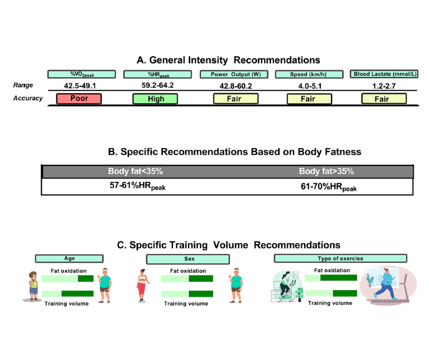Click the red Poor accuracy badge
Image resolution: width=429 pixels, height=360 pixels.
point(79,99)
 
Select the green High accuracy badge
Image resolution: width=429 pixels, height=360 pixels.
point(155,99)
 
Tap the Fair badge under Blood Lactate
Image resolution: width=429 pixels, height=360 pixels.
point(384,99)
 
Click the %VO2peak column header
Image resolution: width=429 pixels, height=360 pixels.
point(82,74)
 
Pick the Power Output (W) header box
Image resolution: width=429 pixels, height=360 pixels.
point(234,74)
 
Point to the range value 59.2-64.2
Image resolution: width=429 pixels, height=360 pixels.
point(157,85)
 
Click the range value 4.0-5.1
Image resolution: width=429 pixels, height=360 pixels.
point(310,86)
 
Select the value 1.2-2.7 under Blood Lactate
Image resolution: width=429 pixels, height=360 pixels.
point(384,86)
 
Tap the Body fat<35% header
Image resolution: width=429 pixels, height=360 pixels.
point(136,171)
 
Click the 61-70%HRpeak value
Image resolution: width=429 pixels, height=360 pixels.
point(329,187)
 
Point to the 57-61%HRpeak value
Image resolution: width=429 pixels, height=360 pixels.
point(138,186)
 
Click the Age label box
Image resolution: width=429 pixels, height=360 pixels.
point(69,259)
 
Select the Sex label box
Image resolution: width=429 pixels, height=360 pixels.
point(188,259)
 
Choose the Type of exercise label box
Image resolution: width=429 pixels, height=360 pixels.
point(340,259)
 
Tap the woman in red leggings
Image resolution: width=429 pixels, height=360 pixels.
point(142,286)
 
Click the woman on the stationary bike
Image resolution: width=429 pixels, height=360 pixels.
point(285,286)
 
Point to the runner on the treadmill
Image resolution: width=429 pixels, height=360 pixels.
point(386,284)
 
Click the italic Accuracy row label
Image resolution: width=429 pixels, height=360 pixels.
point(28,98)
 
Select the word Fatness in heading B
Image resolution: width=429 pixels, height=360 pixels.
point(343,152)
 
